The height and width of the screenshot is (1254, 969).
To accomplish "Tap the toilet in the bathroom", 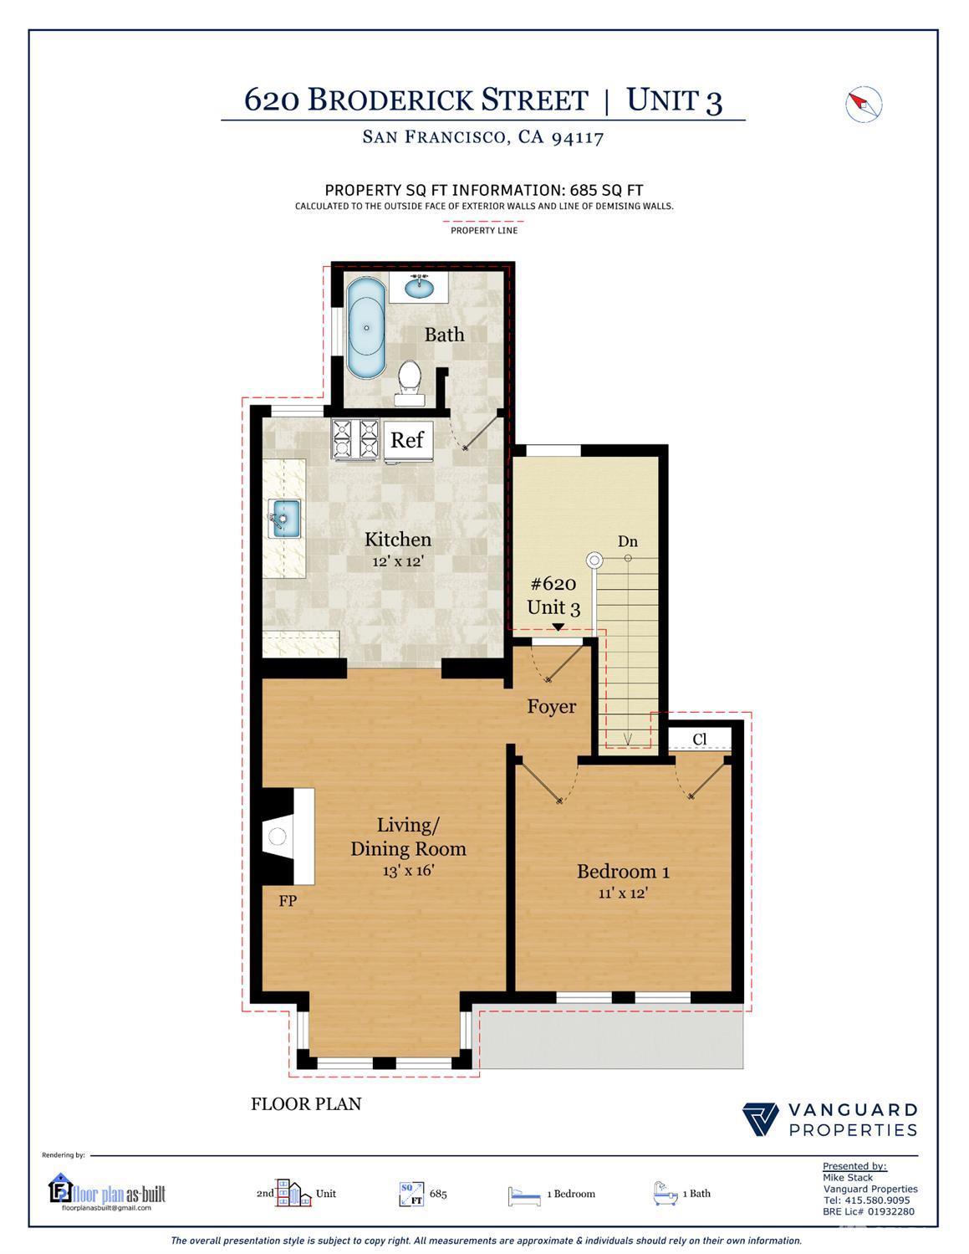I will (x=410, y=377).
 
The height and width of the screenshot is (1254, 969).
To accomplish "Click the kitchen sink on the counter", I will (x=284, y=518).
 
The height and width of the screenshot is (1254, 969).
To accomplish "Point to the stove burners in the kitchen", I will (x=355, y=438).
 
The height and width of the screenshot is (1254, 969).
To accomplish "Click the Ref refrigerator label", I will (x=407, y=439).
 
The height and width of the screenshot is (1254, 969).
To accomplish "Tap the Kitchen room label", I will (x=398, y=540).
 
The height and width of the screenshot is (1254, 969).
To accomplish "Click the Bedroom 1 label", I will (x=623, y=872).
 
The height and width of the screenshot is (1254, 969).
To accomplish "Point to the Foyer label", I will (x=551, y=707).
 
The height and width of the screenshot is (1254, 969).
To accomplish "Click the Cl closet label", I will (x=700, y=740).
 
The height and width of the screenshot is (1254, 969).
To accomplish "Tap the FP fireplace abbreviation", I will (x=288, y=901).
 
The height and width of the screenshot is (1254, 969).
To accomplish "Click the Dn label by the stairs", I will (x=628, y=541).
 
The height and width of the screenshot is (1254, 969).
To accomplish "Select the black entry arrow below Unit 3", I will (x=558, y=627).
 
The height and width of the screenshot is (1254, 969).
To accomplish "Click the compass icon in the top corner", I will (x=864, y=105).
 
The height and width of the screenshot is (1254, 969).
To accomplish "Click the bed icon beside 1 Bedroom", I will (x=524, y=1195).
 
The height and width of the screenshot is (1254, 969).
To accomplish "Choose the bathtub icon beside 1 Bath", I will (x=665, y=1193).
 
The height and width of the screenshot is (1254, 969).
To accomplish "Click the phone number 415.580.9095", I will (x=878, y=1200).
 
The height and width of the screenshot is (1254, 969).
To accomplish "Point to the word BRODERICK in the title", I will (x=447, y=100).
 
